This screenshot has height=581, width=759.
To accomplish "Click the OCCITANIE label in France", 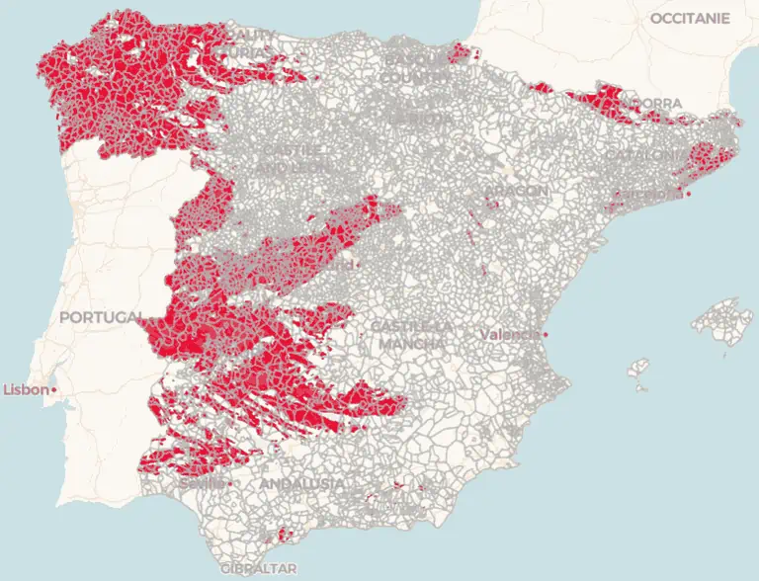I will [x=690, y=18].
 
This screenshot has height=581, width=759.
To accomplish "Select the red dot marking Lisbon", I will [x=54, y=390].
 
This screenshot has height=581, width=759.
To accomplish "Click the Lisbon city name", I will [x=26, y=390].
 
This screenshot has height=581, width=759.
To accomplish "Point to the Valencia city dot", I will [x=545, y=335].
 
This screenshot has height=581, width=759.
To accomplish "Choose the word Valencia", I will [x=510, y=335].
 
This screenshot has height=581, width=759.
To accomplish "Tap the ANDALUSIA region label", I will [x=301, y=484].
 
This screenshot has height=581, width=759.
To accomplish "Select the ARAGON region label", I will [x=515, y=191].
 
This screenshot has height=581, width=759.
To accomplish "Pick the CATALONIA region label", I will [x=643, y=155].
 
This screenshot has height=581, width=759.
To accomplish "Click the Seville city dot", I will [x=229, y=484].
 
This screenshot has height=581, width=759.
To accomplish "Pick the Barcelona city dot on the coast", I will [x=687, y=194].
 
